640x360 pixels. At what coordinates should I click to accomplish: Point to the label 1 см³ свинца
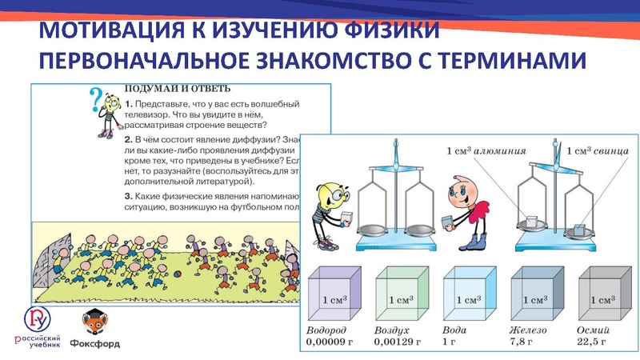pyautogui.click(x=596, y=149)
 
